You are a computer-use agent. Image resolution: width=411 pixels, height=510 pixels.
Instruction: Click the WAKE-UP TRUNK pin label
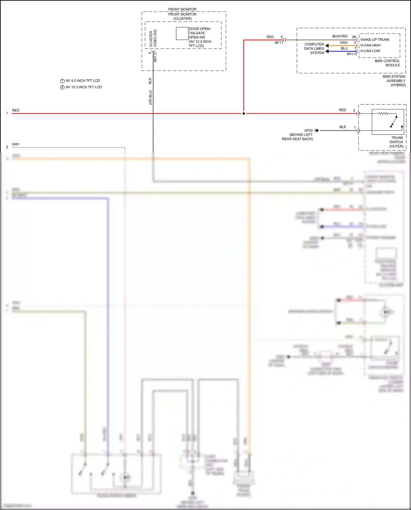click(x=375, y=40)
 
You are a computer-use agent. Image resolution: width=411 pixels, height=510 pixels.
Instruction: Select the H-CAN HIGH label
click(x=370, y=45)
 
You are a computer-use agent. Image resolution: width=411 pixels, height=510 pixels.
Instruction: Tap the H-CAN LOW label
click(x=370, y=51)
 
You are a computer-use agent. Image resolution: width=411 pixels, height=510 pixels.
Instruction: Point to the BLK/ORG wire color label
click(x=340, y=36)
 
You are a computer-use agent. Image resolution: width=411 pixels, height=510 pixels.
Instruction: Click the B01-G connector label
click(x=352, y=54)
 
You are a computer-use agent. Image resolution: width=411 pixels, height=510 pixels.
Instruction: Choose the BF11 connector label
click(x=279, y=43)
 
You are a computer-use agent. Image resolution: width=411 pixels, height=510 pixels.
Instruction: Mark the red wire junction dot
click(x=244, y=113)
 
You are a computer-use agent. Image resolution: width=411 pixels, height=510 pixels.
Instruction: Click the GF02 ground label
click(x=308, y=130)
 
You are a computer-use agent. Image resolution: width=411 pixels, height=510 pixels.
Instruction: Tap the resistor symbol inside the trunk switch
click(x=383, y=113)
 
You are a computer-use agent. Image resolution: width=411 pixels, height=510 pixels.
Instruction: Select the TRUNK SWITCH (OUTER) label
click(x=396, y=142)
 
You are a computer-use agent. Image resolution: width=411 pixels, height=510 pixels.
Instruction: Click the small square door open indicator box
click(x=182, y=33)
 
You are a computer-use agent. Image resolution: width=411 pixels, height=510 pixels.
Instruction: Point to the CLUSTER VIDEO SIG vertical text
click(x=153, y=38)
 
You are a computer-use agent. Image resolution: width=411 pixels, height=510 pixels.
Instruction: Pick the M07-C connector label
click(x=155, y=57)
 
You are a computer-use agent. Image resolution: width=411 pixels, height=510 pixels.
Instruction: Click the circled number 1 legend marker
click(x=62, y=81)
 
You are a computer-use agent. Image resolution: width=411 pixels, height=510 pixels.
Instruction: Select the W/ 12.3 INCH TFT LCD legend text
click(x=84, y=87)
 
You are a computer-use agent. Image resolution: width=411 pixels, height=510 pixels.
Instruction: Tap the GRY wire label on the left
click(x=16, y=144)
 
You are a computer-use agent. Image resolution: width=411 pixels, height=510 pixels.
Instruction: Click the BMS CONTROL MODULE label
click(x=387, y=63)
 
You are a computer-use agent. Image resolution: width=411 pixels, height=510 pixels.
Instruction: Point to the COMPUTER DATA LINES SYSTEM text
click(x=314, y=49)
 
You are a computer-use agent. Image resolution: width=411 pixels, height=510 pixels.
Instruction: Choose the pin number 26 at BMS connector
click(x=354, y=37)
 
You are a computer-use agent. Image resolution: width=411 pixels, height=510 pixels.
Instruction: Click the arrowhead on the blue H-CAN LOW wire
click(x=327, y=51)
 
